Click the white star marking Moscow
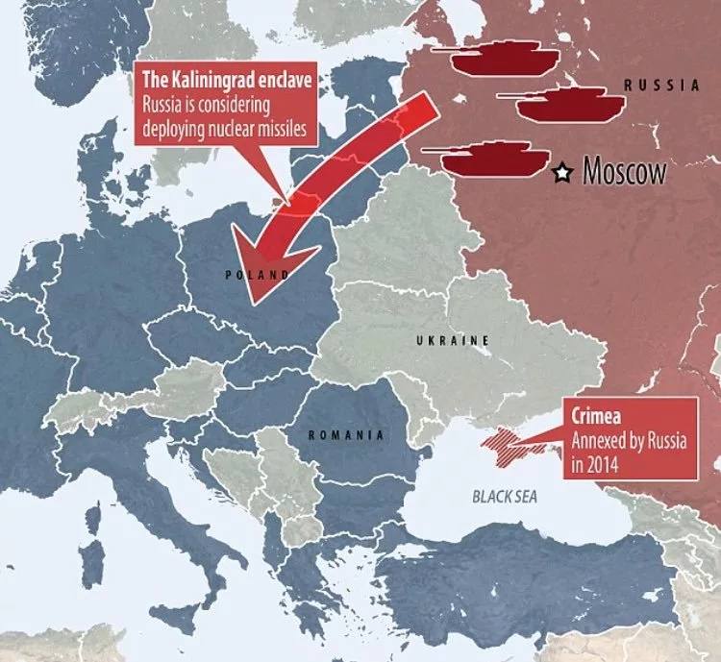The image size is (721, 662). tap(563, 173)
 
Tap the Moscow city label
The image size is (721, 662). tap(625, 173)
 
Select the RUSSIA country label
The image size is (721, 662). tap(662, 86)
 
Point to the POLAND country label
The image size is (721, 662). tap(258, 275)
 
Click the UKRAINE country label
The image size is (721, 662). tap(453, 341)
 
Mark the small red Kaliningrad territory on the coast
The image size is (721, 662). tap(278, 202)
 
